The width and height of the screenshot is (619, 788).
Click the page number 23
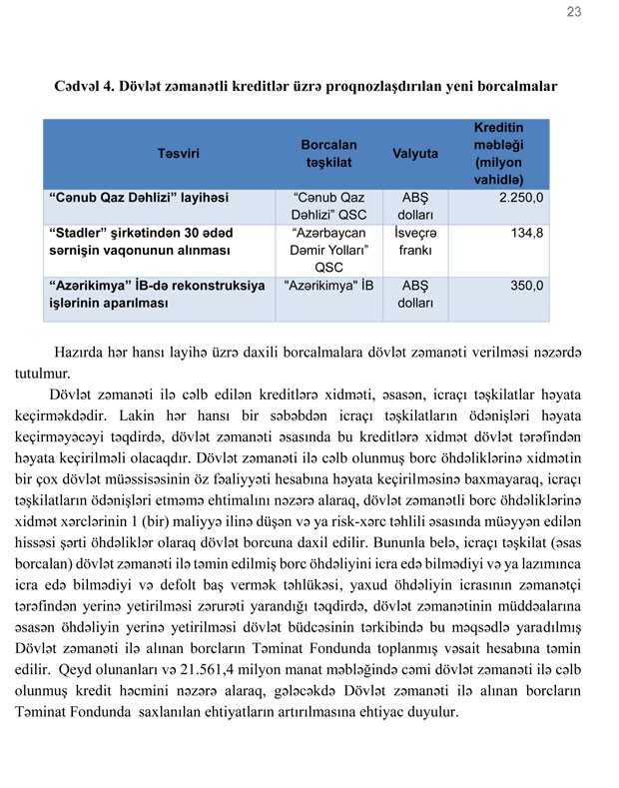[573, 12]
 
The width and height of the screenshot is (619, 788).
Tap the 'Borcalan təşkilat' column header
[315, 154]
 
